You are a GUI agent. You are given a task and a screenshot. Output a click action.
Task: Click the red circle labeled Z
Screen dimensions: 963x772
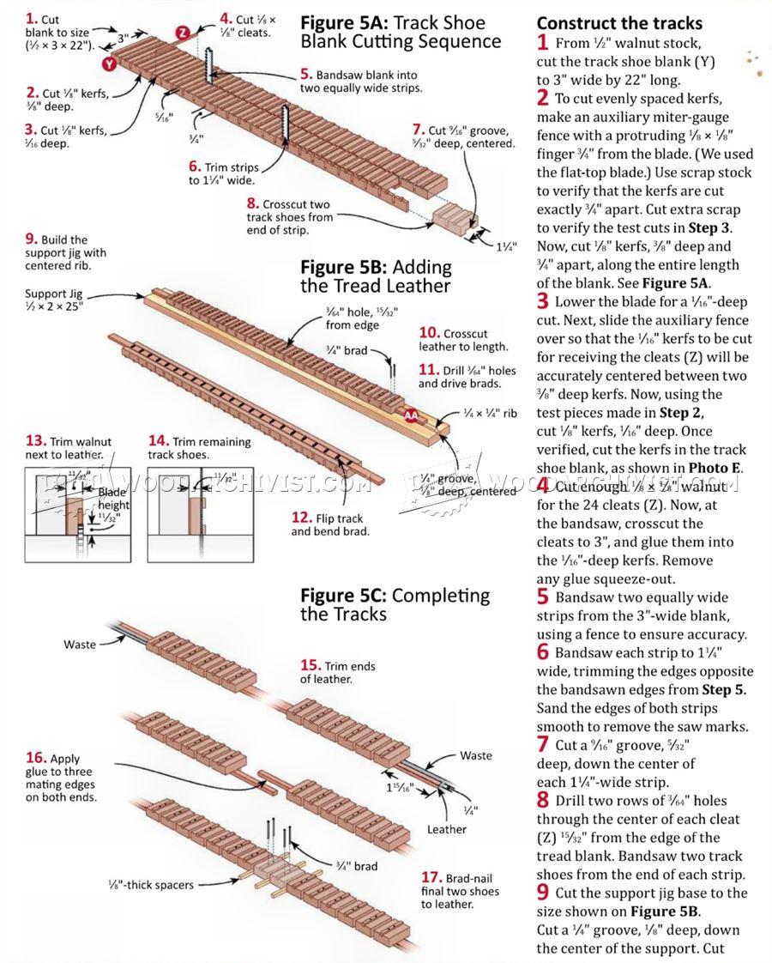point(183,33)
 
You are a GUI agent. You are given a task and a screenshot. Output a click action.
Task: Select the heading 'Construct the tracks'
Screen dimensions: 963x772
point(619,23)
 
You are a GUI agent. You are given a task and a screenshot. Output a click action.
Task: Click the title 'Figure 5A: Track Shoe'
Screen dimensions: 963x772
point(393,22)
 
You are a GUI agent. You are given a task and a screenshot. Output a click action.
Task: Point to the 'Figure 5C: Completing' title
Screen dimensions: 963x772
point(395,596)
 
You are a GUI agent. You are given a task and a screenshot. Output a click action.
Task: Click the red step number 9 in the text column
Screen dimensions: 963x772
point(543,893)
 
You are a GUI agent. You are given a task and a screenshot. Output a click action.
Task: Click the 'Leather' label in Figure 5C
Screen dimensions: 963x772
point(447,829)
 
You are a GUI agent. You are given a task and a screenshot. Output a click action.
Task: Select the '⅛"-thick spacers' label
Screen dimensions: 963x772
point(151,885)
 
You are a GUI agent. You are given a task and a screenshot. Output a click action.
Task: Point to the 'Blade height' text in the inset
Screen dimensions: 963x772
point(113,498)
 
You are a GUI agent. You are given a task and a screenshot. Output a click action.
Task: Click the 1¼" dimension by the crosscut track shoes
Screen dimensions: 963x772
point(506,246)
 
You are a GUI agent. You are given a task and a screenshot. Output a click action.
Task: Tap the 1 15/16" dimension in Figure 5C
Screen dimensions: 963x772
point(394,788)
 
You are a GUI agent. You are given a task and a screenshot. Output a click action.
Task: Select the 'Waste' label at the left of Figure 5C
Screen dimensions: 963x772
point(80,644)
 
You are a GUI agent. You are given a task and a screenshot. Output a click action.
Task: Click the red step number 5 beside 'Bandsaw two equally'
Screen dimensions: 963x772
point(543,597)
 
